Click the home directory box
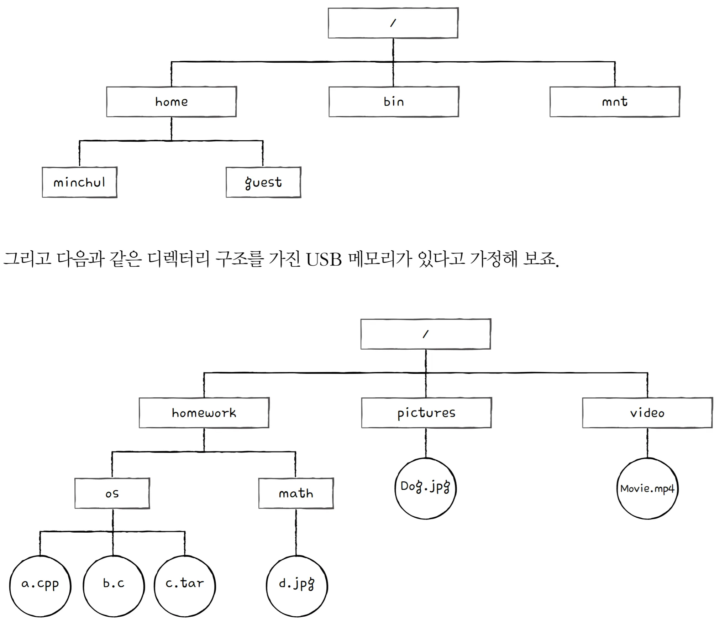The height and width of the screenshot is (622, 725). point(171,102)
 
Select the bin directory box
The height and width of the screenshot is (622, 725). point(394,102)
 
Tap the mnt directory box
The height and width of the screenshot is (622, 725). point(615,102)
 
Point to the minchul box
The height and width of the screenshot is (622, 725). point(79,182)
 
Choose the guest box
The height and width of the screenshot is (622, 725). point(263,182)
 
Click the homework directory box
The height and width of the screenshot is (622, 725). point(204,413)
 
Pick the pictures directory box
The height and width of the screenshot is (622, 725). point(426,413)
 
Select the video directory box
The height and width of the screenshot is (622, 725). point(647,413)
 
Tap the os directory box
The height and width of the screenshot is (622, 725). point(112,493)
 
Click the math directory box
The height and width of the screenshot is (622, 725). point(296,493)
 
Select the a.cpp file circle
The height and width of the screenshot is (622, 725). point(40,586)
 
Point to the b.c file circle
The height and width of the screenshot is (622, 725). point(114,586)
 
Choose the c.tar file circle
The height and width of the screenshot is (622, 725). point(185,586)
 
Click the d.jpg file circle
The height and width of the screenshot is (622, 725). point(297,586)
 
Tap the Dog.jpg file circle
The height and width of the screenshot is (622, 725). point(426,488)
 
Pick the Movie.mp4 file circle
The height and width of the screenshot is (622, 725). point(647,488)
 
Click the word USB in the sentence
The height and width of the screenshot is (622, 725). point(324,259)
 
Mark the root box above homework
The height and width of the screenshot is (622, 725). point(426,334)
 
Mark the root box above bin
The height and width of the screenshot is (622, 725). point(393,23)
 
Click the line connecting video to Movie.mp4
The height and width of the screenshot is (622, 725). point(647,443)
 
